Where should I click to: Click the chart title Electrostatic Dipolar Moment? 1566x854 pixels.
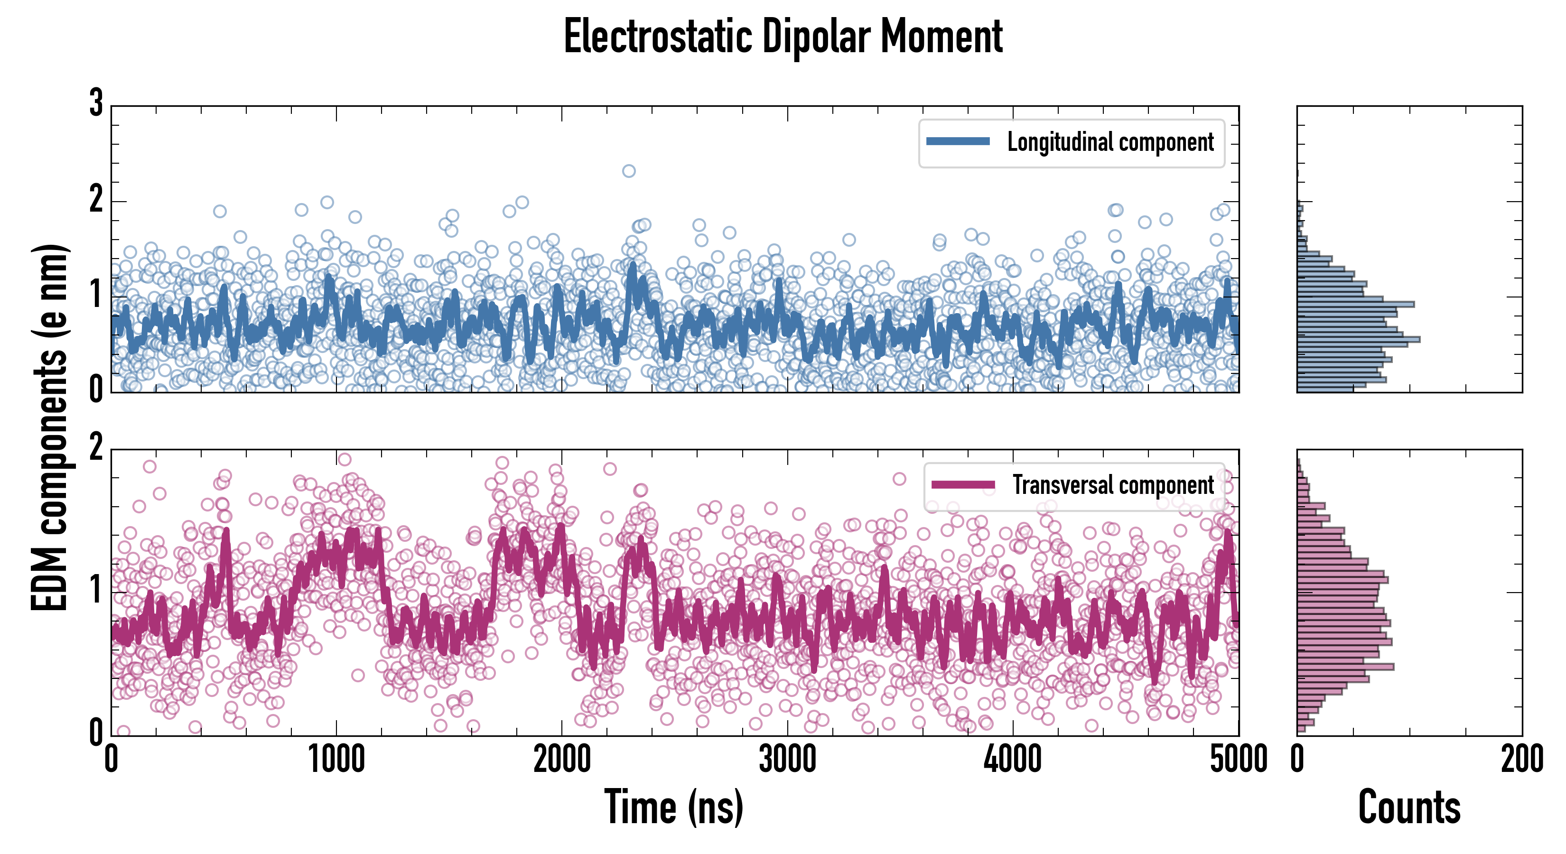pos(783,37)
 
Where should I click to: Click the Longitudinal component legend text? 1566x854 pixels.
pos(1110,142)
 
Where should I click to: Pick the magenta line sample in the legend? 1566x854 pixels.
pos(963,485)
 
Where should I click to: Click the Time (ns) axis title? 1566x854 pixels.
pos(673,807)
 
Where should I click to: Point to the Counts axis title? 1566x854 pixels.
pos(1409,807)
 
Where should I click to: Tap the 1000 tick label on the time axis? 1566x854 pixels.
pos(336,760)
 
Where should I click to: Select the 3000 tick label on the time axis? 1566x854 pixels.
pos(787,760)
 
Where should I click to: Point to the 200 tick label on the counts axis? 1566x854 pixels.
pos(1521,760)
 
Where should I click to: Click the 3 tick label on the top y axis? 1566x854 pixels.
pos(96,103)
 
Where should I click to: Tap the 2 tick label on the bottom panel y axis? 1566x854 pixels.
pos(96,448)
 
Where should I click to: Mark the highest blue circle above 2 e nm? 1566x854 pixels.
pos(629,171)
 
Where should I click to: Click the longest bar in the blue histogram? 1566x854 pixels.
pos(1359,339)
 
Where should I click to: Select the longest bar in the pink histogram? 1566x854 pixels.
pos(1345,667)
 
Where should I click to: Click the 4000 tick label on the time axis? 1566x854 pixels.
pos(1013,760)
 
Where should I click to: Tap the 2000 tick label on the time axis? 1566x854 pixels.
pos(562,760)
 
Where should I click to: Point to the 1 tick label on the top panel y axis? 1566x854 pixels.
pos(96,296)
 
